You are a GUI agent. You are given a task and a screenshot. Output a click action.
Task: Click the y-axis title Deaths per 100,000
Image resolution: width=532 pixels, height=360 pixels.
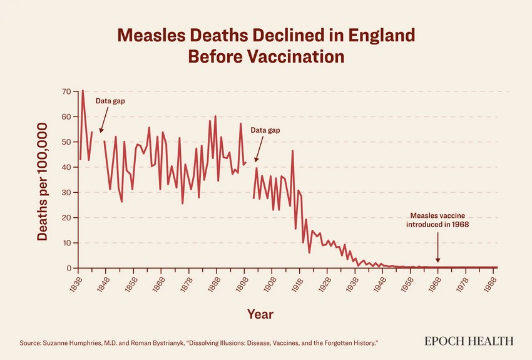(x=43, y=182)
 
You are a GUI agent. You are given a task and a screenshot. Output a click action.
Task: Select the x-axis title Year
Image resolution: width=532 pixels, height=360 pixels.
(x=260, y=314)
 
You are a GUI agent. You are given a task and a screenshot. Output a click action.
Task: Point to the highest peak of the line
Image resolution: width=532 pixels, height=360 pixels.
(x=83, y=91)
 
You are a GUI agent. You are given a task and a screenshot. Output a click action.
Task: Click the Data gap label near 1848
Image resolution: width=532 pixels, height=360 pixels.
(x=111, y=101)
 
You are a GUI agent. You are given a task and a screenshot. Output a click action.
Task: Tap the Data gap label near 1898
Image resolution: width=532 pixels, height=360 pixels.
(x=265, y=130)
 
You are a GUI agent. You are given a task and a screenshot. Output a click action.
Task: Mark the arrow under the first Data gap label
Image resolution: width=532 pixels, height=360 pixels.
(x=104, y=119)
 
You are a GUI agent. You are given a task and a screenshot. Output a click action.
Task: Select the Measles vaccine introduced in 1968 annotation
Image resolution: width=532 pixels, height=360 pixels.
(x=437, y=219)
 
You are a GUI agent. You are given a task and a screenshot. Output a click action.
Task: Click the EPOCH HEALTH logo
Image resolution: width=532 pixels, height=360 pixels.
(x=469, y=341)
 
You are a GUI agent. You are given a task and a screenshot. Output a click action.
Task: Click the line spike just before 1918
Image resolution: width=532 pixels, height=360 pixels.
(x=292, y=151)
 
